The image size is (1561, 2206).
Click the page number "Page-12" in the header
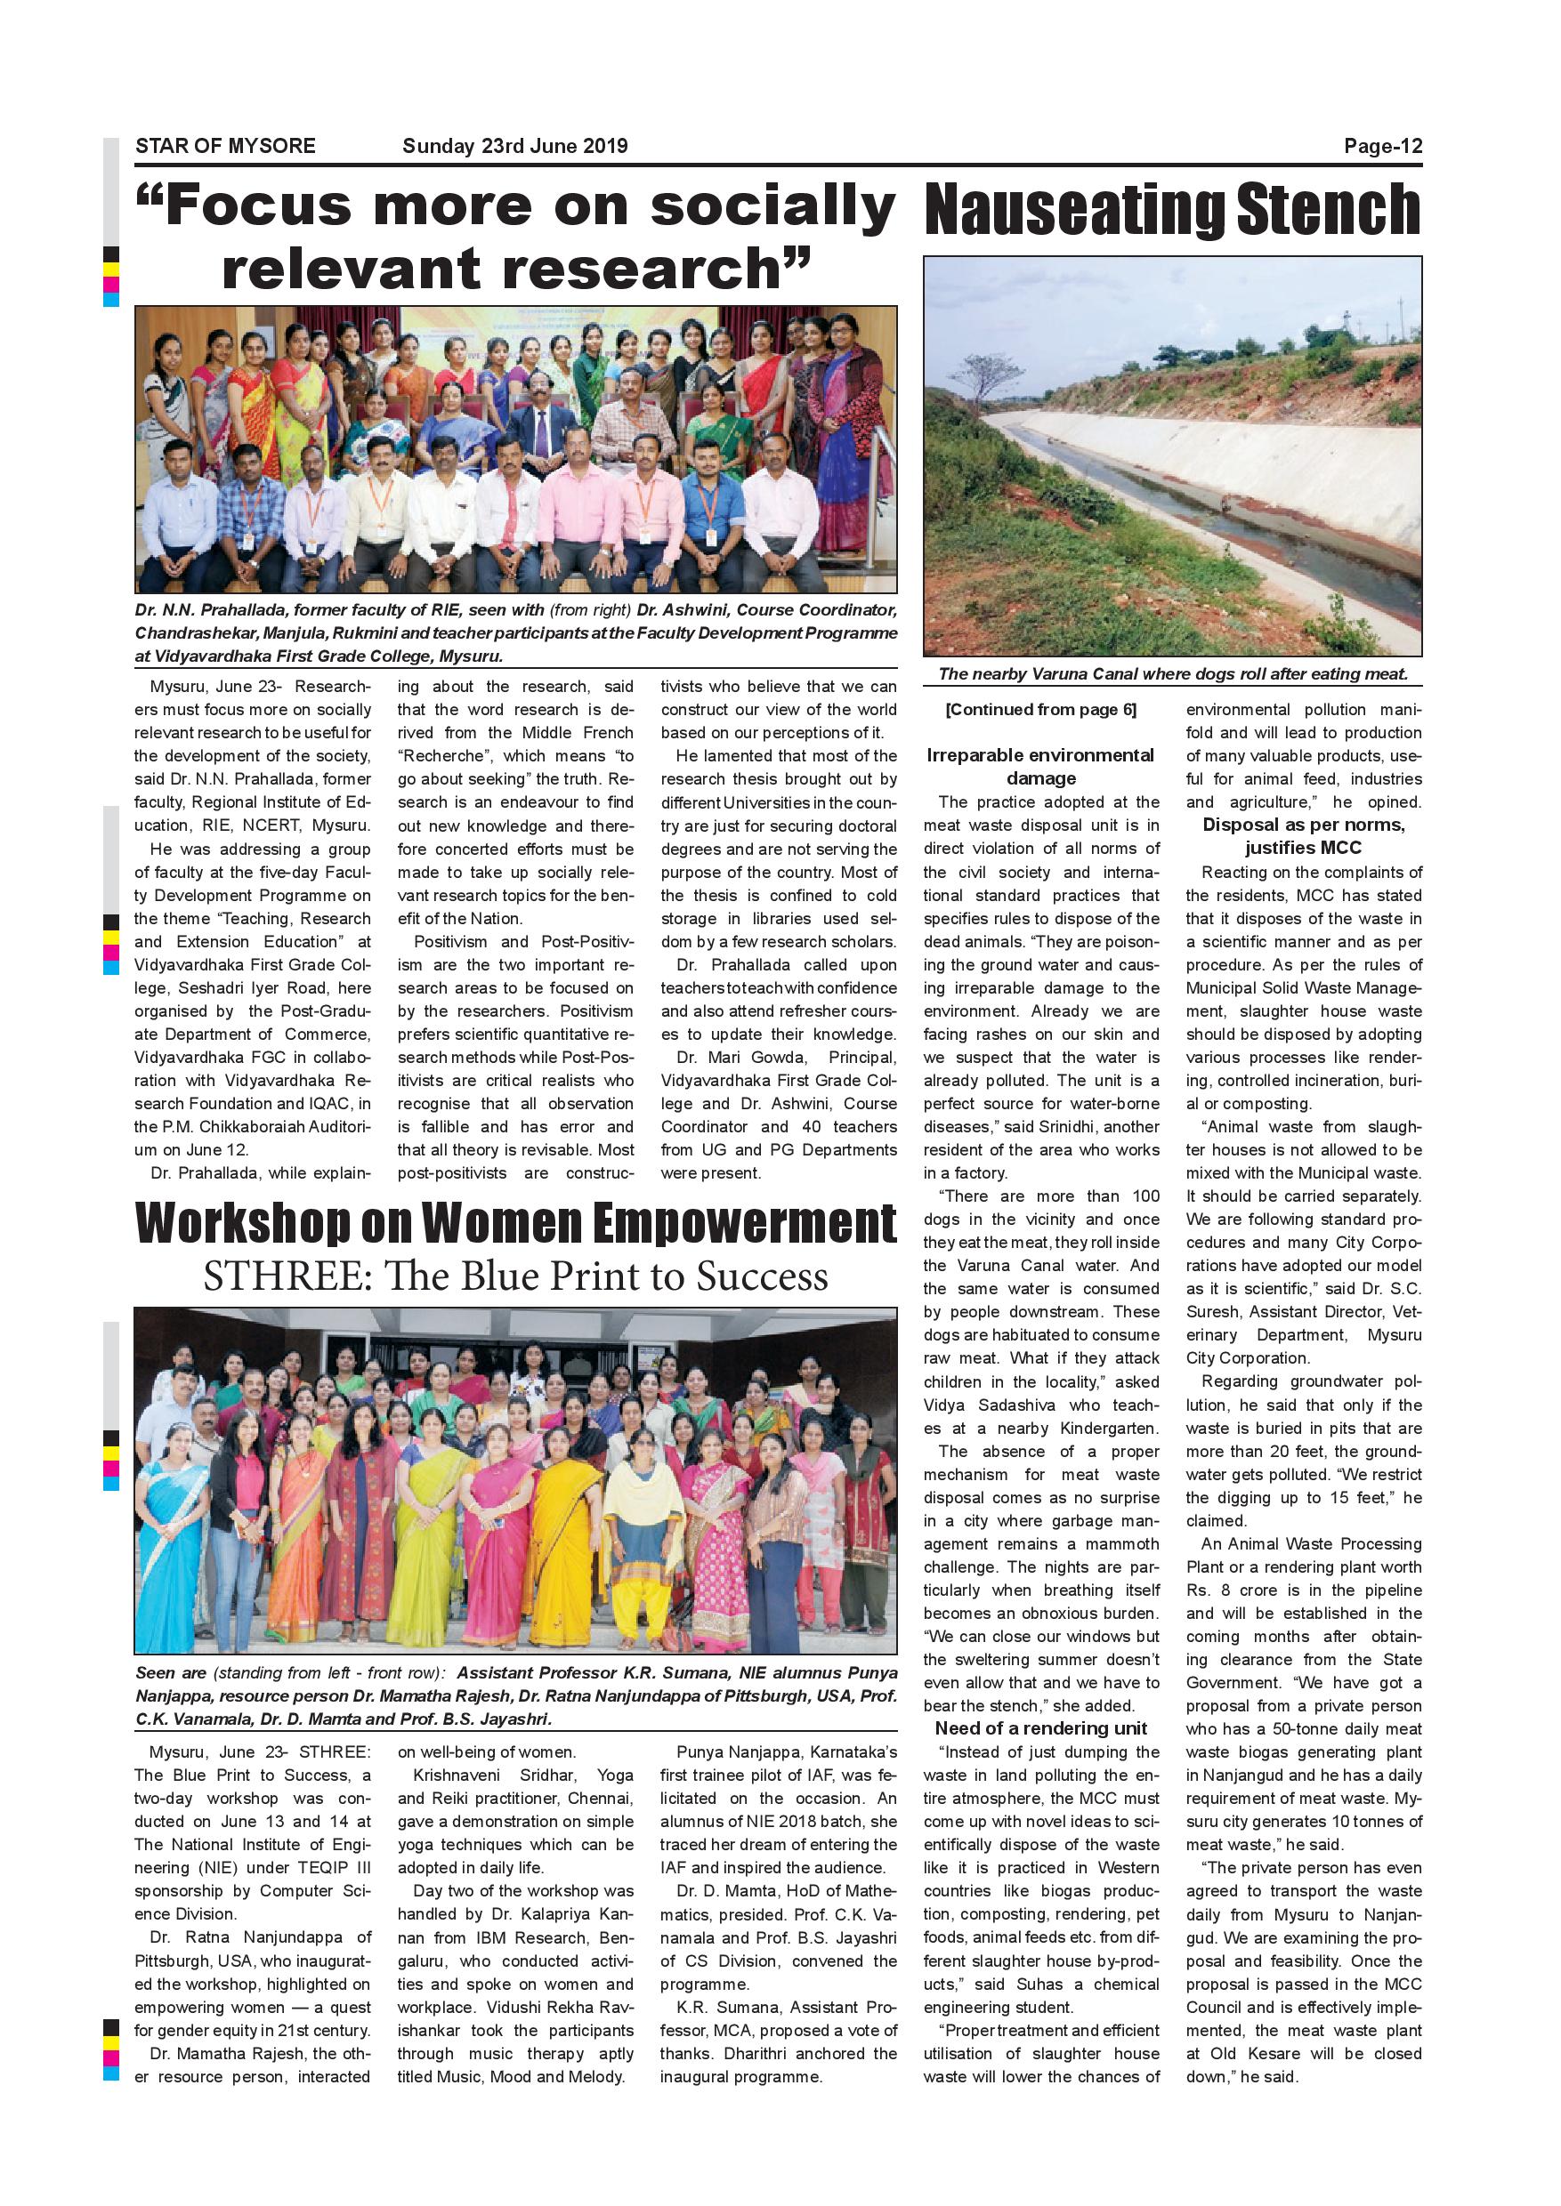tap(1382, 146)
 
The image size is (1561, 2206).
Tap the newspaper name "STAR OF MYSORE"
tap(225, 146)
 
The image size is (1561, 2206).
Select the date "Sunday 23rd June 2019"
tap(514, 146)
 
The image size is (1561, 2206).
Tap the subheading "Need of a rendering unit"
tap(1041, 1728)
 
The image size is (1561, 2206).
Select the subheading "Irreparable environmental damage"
tap(1041, 767)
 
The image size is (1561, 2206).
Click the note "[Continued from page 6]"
tap(1041, 710)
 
